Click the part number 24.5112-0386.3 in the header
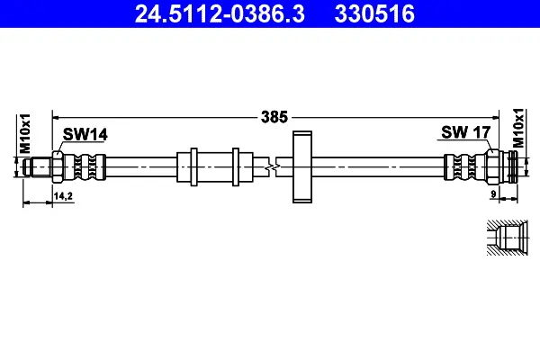220,13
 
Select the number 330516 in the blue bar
374,13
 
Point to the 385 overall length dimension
274,117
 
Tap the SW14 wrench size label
85,134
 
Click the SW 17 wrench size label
465,132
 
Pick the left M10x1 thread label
25,133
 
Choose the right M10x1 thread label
518,128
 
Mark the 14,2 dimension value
63,196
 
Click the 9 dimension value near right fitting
493,194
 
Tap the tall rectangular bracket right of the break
302,166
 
